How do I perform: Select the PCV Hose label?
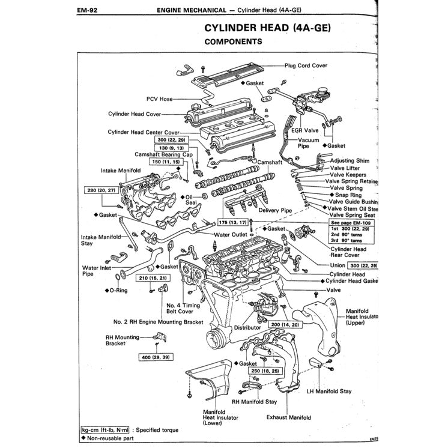pos(159,99)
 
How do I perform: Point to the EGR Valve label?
pos(304,130)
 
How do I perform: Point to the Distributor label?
pos(247,328)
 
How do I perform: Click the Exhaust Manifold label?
pos(289,417)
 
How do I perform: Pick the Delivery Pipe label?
pos(275,211)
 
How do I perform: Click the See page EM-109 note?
pos(349,222)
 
